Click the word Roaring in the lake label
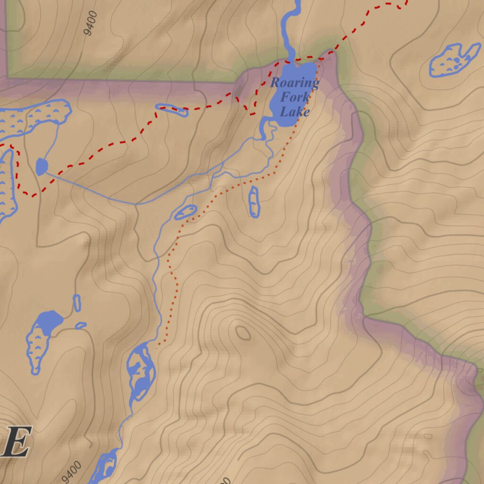(x=294, y=83)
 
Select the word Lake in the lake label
(x=294, y=112)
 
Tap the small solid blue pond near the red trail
(x=42, y=166)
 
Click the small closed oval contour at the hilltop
(x=243, y=333)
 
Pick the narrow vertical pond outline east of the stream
(x=254, y=202)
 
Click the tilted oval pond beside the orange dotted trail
(x=185, y=212)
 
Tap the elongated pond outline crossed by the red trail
(x=172, y=110)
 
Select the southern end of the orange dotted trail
(x=158, y=346)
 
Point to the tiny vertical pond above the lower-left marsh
(x=77, y=302)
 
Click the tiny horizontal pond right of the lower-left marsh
(x=81, y=325)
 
